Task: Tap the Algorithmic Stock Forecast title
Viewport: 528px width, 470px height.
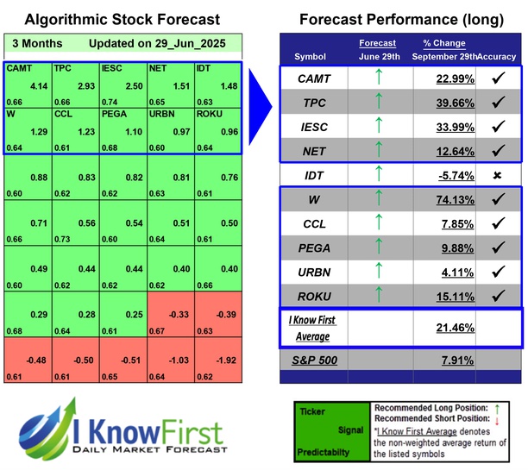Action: click(122, 19)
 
